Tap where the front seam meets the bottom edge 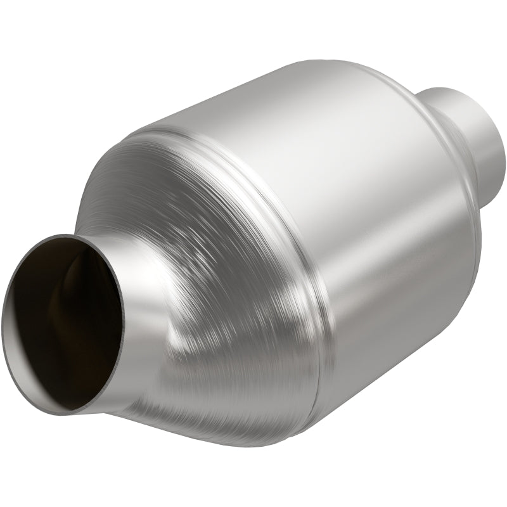click(x=317, y=431)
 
